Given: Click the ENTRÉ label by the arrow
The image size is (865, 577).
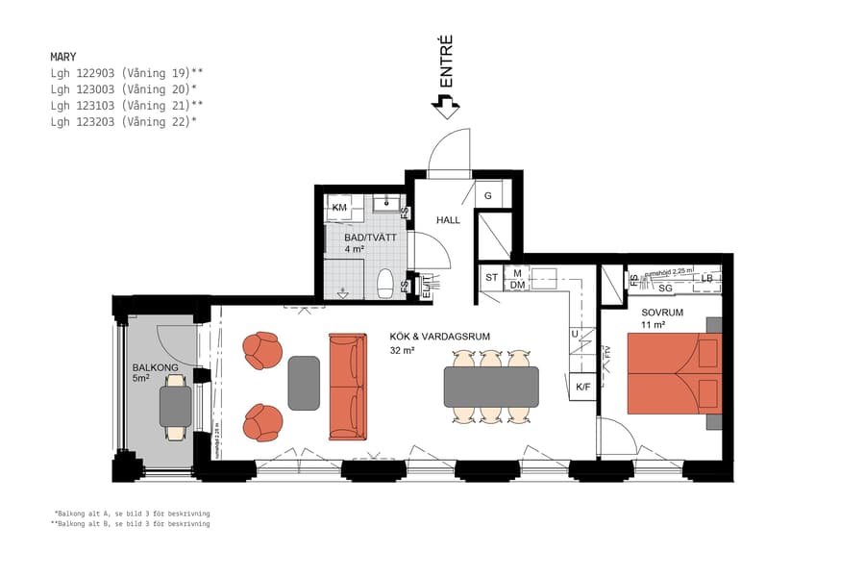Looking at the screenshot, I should point(446,63).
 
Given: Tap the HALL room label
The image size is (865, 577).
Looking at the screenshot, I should point(448,220).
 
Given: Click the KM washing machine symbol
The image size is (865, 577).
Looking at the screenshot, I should point(339,208).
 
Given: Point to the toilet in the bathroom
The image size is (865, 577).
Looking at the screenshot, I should point(385,284).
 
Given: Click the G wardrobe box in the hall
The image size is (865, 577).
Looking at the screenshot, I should point(488,196).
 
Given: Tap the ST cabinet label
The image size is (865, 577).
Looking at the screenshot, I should point(491,278).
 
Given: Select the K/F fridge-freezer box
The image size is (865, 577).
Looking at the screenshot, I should point(582,387).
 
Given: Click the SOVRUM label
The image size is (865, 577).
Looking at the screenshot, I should point(662,313).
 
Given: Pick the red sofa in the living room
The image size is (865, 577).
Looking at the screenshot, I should point(347,386).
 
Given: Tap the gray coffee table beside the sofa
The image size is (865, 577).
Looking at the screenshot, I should point(304,382).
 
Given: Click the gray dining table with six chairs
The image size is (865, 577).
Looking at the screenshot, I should point(490,386).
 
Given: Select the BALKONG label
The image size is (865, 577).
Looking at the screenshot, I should point(153,367).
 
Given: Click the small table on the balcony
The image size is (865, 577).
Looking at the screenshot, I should point(175,407).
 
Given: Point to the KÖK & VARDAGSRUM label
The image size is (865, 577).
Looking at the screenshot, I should point(440,337).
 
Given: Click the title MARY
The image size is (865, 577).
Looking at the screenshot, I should point(63,57).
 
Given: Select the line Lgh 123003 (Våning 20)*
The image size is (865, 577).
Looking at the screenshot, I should point(124,88).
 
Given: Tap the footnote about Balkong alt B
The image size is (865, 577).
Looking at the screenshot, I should point(132,524).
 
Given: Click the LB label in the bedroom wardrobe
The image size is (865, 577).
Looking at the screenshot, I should point(706,279).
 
